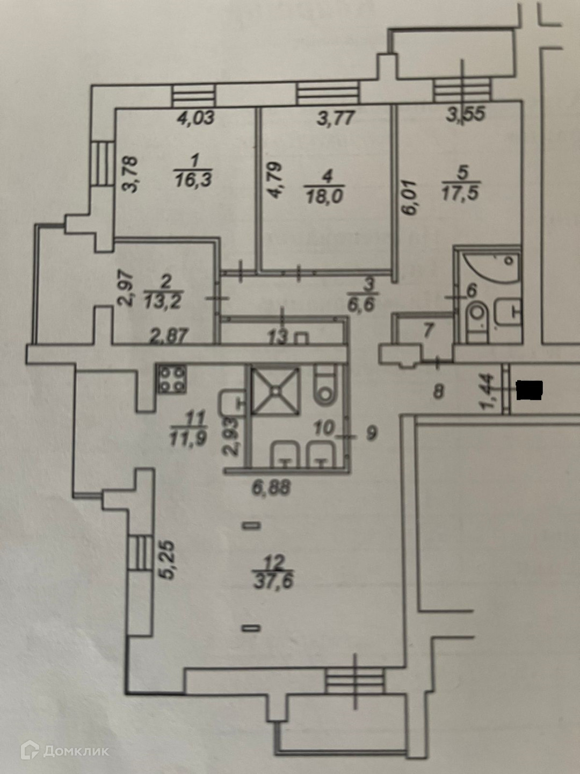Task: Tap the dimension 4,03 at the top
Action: pos(196,118)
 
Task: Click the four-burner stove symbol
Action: pos(172,378)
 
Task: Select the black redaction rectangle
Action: pos(530,390)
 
